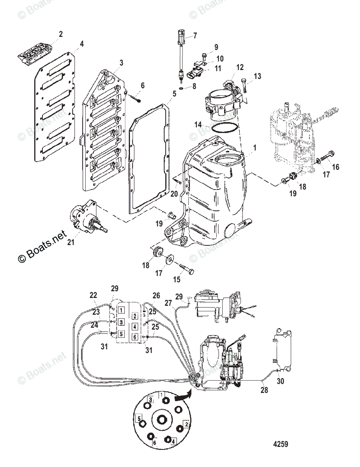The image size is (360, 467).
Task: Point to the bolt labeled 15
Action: tap(186, 269)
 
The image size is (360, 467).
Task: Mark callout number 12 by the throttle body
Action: tap(240, 68)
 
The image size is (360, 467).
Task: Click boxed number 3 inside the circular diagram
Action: tap(149, 400)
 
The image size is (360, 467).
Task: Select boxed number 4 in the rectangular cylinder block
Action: tap(134, 326)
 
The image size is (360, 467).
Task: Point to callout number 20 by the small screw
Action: tap(174, 193)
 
